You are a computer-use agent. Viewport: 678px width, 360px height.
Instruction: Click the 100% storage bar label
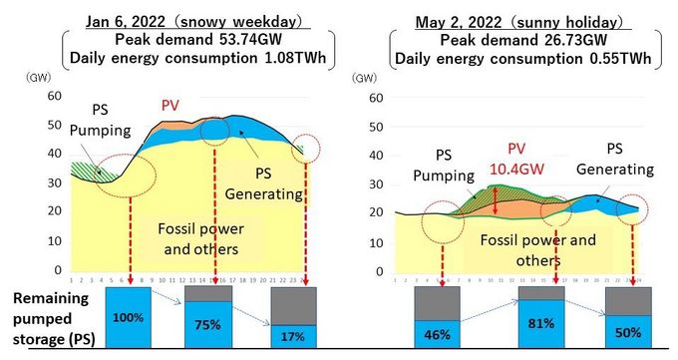pos(122,316)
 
